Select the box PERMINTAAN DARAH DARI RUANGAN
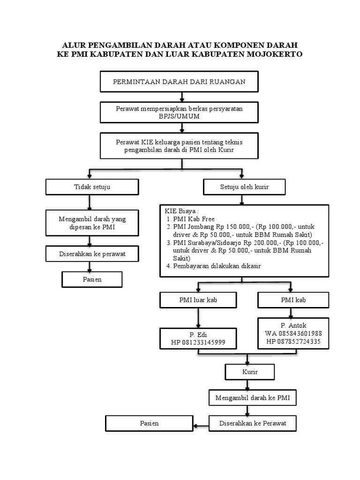(179, 82)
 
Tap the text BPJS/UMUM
(179, 116)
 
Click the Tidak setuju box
(92, 187)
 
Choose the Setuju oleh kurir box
(244, 187)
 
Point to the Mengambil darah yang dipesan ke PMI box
(92, 223)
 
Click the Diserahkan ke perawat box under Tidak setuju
(92, 254)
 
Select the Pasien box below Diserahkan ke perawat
(92, 279)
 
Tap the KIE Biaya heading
(181, 211)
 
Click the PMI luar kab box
(198, 300)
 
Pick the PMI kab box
(293, 300)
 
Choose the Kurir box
(250, 372)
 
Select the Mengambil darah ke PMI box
(253, 398)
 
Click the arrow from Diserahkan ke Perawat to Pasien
(201, 426)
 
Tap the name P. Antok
(293, 325)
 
